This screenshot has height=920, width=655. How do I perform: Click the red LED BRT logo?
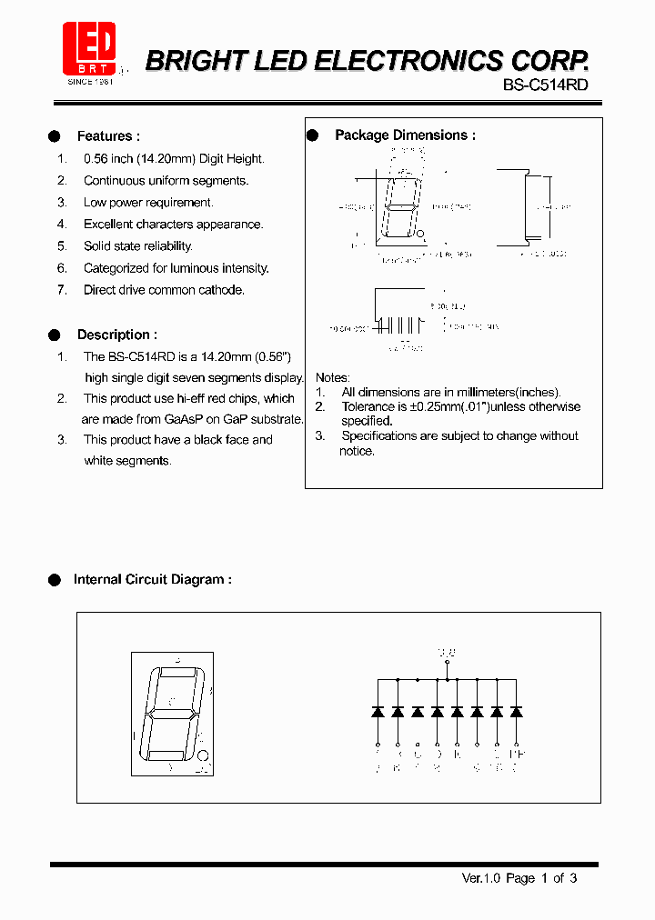[89, 49]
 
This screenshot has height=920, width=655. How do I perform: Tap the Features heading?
[108, 136]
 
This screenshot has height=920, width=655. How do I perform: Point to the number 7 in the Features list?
[62, 290]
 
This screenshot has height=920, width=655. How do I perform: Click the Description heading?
[116, 335]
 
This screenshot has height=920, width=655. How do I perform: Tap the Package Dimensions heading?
[405, 135]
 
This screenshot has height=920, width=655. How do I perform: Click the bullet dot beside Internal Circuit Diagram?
[54, 579]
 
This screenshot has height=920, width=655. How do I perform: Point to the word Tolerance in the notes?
[368, 406]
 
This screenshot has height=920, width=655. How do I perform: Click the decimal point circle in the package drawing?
[422, 235]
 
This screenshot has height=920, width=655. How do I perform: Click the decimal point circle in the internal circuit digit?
[204, 755]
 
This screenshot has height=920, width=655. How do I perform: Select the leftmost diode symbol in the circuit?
[378, 712]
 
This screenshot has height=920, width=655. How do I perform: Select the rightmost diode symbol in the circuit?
[517, 712]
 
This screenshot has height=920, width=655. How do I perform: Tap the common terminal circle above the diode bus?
[447, 664]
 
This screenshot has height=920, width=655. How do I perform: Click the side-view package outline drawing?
[529, 208]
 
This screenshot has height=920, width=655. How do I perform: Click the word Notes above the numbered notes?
[332, 377]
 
